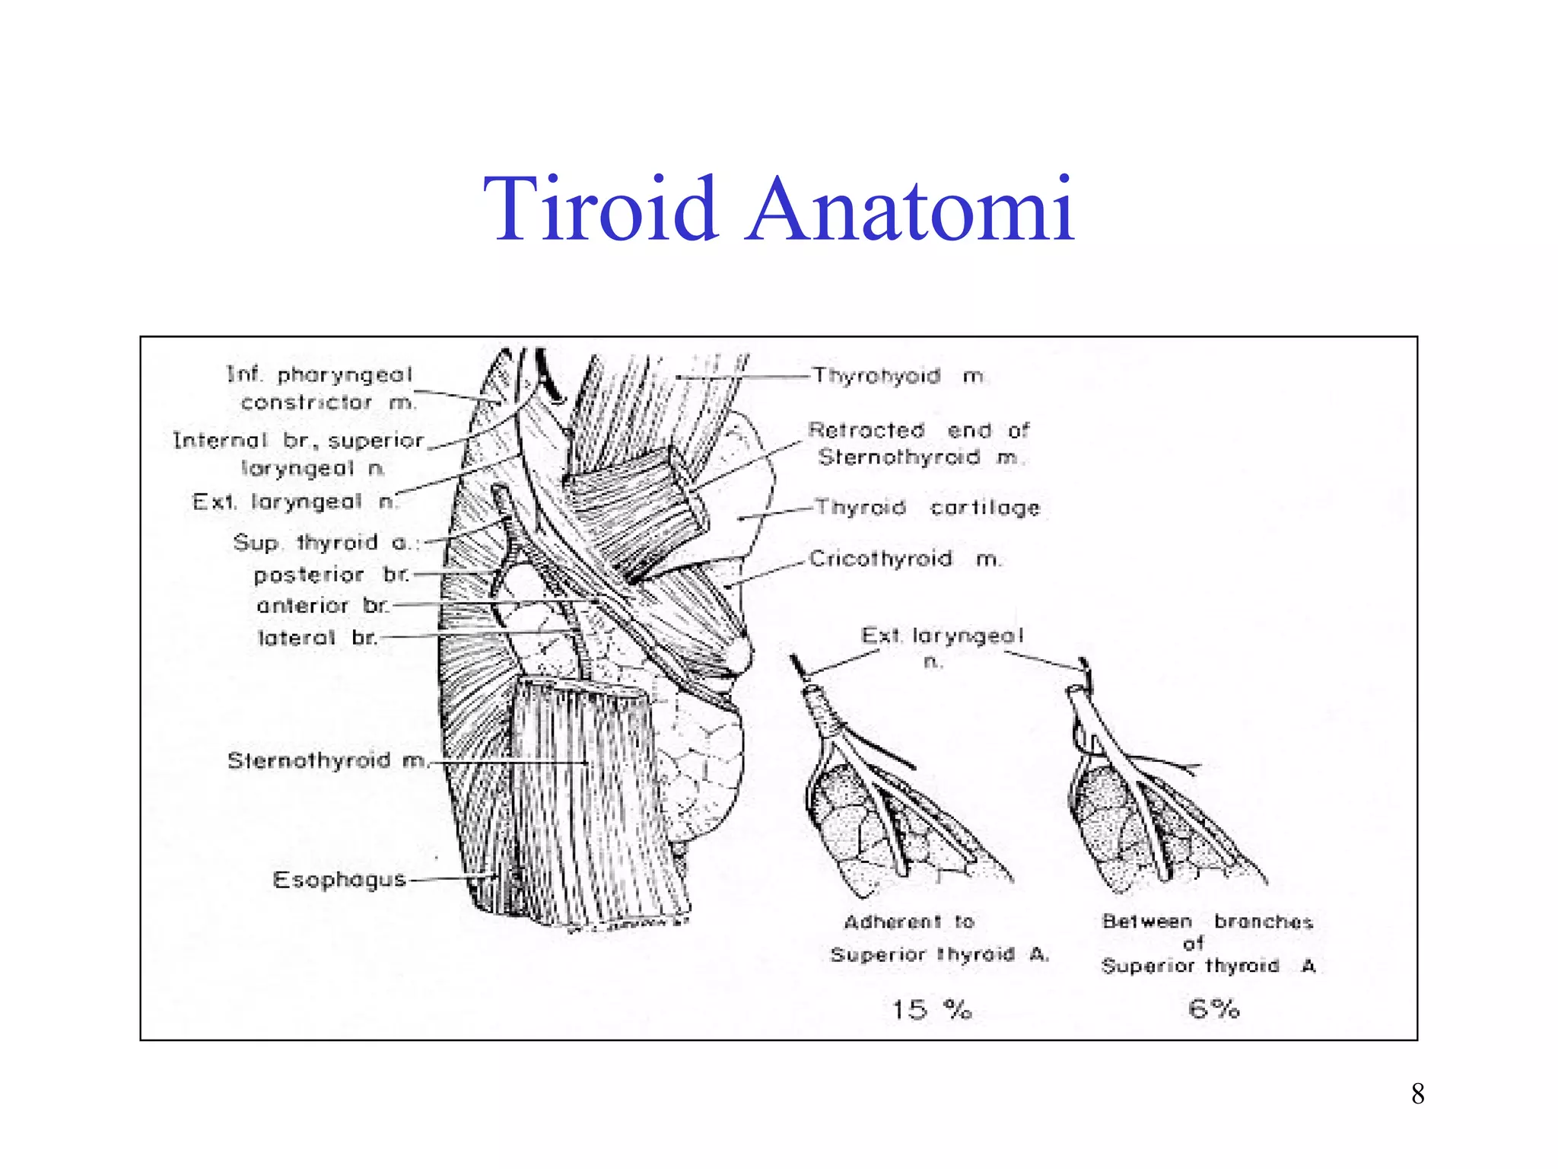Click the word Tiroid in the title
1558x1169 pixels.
[600, 209]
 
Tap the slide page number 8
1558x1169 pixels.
[1417, 1094]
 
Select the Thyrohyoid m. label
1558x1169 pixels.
[898, 376]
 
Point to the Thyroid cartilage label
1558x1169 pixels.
[927, 508]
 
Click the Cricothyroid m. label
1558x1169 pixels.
[905, 559]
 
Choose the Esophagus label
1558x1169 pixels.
[339, 880]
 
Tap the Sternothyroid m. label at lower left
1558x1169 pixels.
[327, 760]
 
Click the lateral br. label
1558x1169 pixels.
[317, 638]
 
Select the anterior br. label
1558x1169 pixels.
[323, 606]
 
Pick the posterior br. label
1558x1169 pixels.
[331, 575]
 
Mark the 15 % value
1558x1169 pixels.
[931, 1010]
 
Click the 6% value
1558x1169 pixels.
[1213, 1009]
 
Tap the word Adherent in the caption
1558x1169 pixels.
[892, 922]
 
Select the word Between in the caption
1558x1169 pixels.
[1146, 922]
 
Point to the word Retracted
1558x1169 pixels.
[866, 431]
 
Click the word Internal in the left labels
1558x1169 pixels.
[221, 441]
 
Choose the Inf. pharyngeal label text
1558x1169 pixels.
[319, 374]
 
